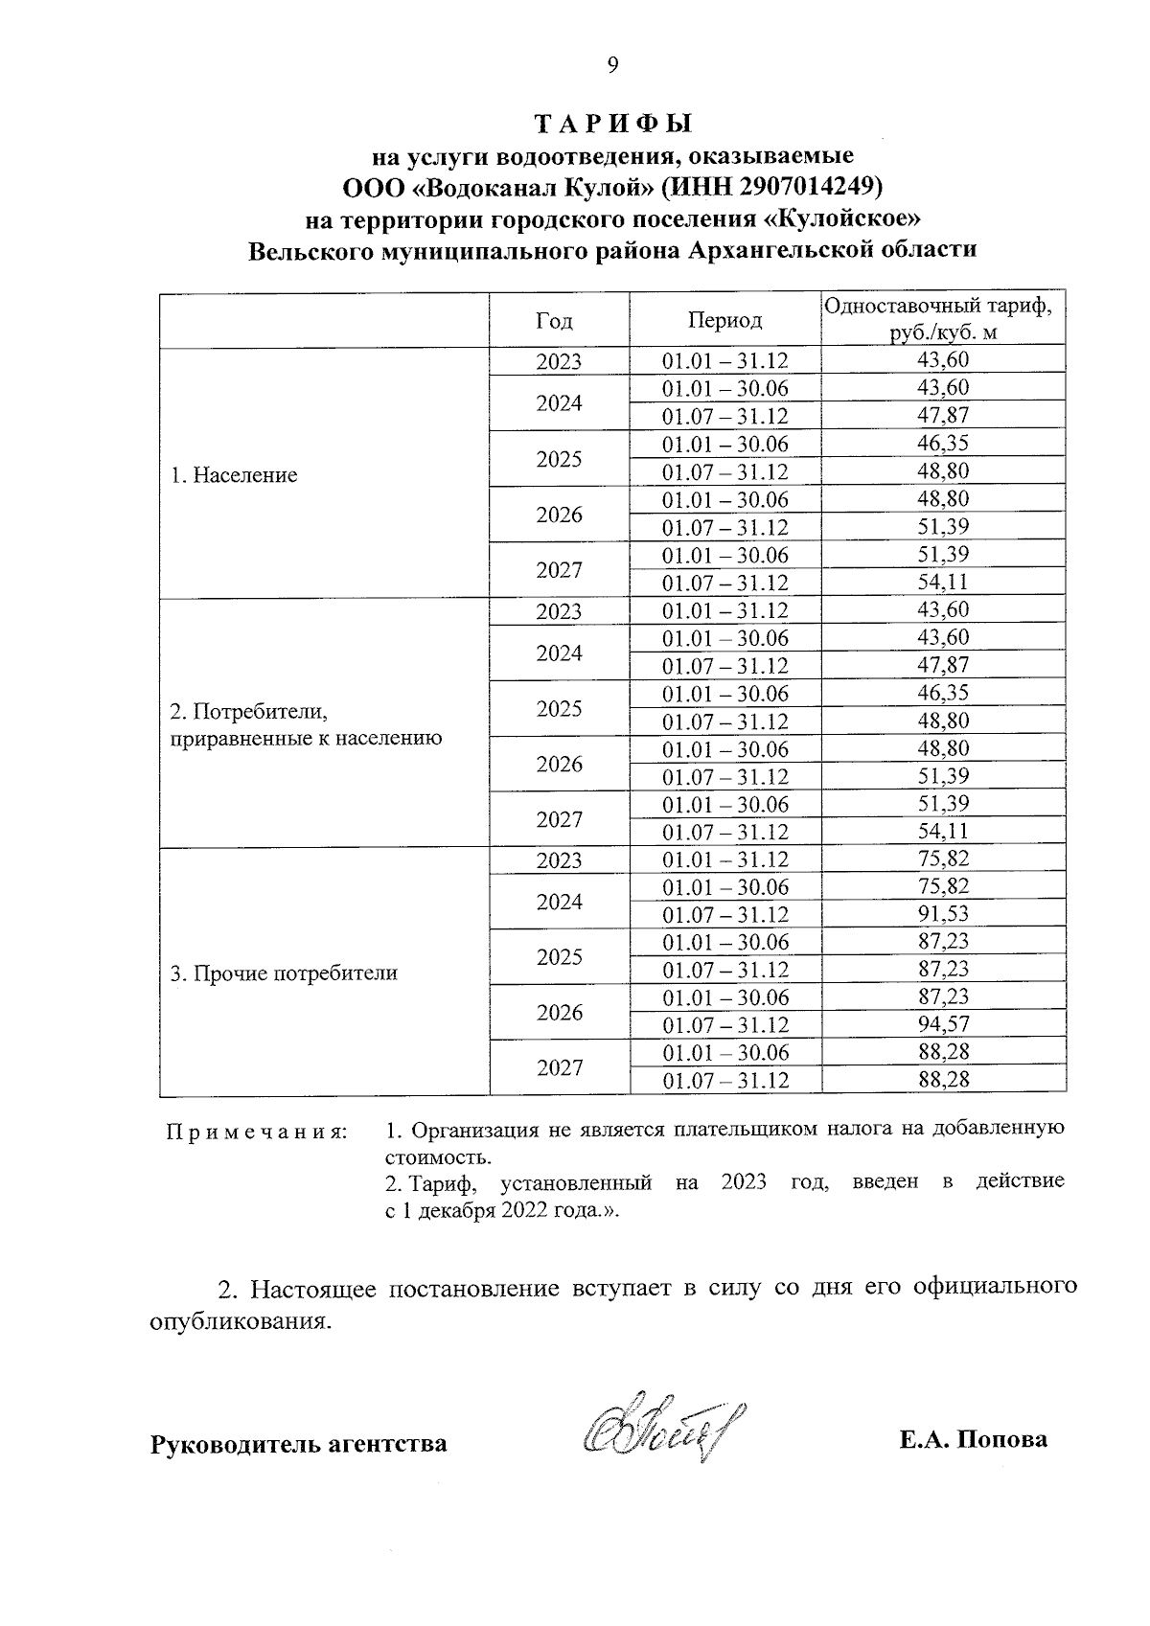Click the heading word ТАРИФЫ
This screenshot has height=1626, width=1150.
click(x=612, y=126)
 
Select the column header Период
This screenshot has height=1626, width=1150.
click(x=724, y=320)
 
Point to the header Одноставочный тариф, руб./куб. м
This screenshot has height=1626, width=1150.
click(x=943, y=320)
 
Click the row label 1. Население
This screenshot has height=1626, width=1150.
click(x=234, y=475)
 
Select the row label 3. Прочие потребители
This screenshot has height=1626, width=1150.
click(x=284, y=973)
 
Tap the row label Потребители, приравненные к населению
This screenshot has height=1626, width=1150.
click(x=305, y=724)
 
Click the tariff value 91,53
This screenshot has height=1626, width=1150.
click(x=943, y=914)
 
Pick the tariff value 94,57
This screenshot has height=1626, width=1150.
click(x=943, y=1025)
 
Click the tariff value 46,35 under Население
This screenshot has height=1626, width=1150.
click(x=943, y=444)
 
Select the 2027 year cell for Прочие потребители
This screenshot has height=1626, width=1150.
click(x=559, y=1067)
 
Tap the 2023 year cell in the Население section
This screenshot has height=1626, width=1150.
click(x=559, y=362)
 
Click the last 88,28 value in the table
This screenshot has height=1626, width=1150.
click(x=943, y=1081)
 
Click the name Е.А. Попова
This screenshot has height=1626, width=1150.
click(x=973, y=1439)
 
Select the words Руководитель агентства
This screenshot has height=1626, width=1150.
click(x=298, y=1443)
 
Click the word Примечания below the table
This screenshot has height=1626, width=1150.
click(x=257, y=1132)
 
